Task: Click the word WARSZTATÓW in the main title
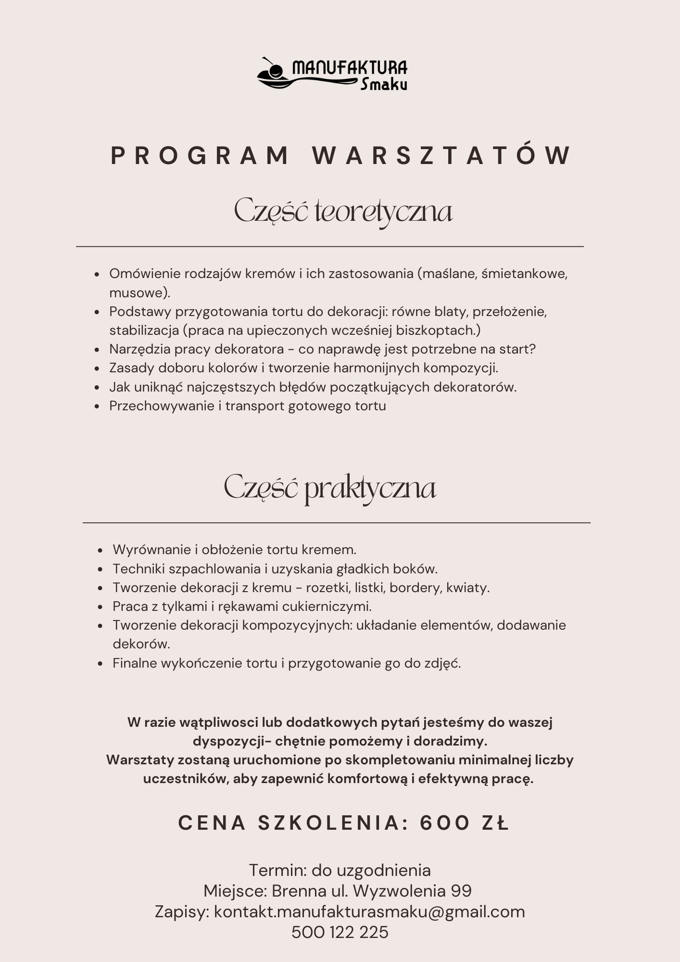point(442,156)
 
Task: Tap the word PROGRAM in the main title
point(199,156)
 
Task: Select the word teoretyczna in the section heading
point(384,212)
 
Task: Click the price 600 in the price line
point(445,823)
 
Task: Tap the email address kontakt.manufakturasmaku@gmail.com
point(369,911)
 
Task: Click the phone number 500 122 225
point(340,932)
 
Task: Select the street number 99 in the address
point(461,891)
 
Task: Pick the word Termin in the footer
point(276,870)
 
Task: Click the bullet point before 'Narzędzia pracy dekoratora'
point(97,350)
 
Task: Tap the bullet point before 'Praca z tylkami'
point(101,607)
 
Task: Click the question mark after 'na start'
point(532,349)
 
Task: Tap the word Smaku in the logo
point(384,85)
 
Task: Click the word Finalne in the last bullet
point(135,663)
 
